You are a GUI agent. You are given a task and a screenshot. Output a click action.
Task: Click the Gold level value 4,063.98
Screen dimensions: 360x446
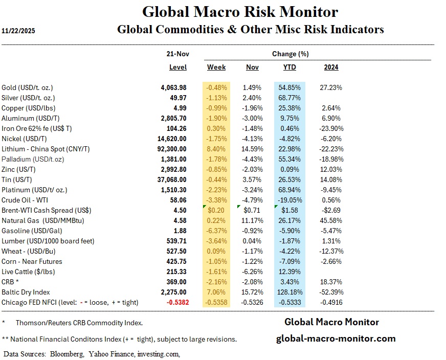pos(173,87)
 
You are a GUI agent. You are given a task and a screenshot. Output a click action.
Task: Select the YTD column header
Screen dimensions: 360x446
pos(289,67)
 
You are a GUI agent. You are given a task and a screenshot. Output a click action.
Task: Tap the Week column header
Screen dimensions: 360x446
pos(216,67)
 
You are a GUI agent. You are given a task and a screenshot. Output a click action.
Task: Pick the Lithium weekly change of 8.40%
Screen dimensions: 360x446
pos(216,149)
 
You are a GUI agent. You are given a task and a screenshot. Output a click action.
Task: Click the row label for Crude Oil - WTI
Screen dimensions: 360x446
pos(25,200)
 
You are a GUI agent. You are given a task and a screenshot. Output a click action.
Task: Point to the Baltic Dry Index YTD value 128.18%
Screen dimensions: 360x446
pos(289,292)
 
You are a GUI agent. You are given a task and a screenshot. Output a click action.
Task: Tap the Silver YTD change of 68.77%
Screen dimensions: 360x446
pos(289,98)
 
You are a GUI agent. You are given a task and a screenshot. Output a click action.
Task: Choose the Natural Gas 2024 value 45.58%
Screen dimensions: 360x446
pos(332,220)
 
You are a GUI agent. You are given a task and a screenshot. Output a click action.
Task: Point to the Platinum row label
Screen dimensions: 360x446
pos(34,190)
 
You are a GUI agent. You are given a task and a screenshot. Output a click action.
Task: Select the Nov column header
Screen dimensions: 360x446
pos(252,67)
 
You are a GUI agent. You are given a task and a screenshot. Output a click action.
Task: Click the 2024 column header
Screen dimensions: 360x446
pos(331,67)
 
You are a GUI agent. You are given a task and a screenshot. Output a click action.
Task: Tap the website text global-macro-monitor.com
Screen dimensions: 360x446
pos(336,338)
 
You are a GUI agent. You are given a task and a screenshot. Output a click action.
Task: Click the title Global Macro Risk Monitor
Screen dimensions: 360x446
pos(240,12)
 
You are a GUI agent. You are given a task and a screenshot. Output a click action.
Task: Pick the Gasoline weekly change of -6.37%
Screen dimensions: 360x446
pos(216,231)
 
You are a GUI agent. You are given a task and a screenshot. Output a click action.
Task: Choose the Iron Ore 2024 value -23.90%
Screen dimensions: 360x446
pos(331,128)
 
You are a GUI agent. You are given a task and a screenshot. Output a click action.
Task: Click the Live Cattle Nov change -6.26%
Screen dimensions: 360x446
pos(252,272)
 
